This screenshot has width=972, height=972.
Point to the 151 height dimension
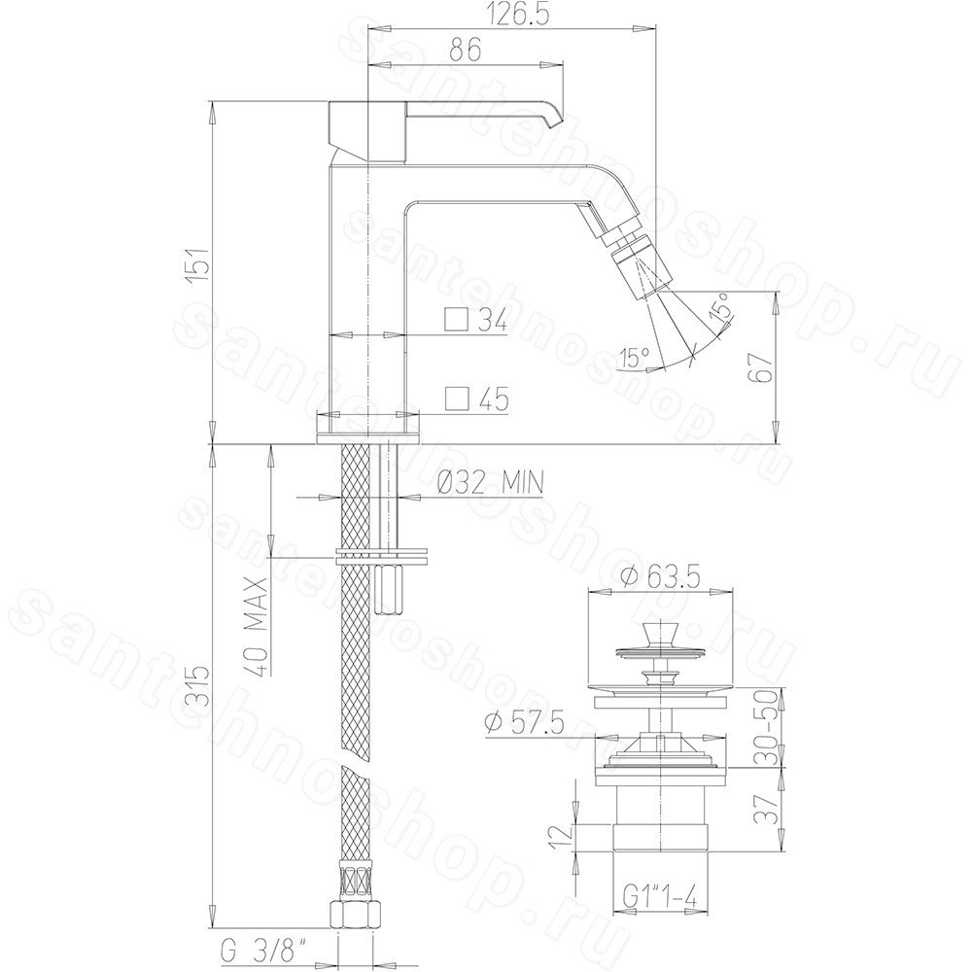199,265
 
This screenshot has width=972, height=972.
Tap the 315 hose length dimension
199,685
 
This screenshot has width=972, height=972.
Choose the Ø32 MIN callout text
489,482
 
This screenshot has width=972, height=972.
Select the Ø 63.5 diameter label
660,578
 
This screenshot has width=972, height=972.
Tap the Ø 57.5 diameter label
525,724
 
